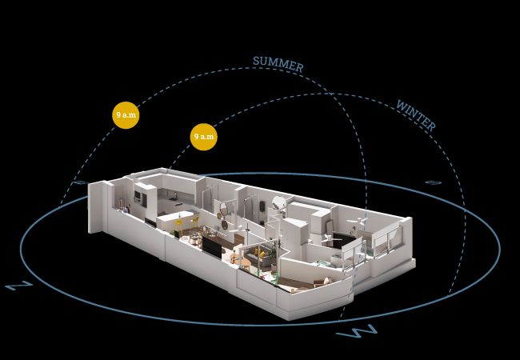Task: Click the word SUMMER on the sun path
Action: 278,64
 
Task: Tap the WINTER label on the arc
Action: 416,115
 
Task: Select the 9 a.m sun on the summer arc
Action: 126,115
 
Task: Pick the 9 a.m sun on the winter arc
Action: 204,137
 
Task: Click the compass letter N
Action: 19,285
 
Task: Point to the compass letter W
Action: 357,331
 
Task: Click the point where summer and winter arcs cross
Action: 330,94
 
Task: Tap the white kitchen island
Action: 175,221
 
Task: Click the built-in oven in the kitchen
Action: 138,196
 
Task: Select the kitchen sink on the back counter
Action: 173,199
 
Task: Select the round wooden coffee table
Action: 245,263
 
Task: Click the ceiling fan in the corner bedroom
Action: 357,221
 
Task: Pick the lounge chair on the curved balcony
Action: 323,282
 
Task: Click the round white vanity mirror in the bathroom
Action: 279,202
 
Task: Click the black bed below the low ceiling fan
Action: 343,240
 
